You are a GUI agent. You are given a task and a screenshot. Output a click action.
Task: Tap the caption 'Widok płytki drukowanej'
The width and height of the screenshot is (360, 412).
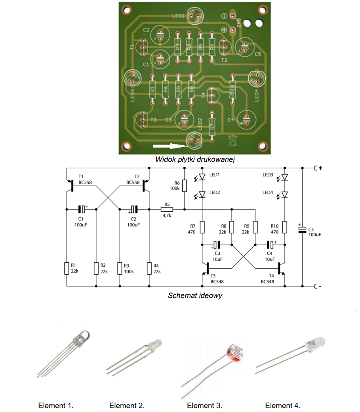[x=195, y=159]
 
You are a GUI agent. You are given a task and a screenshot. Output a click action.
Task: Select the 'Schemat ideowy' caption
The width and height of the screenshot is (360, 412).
[x=195, y=295]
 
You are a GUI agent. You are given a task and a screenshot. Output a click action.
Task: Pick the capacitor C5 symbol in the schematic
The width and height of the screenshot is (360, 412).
[x=302, y=230]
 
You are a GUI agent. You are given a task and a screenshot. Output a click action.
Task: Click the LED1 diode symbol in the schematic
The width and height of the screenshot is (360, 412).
[x=202, y=177]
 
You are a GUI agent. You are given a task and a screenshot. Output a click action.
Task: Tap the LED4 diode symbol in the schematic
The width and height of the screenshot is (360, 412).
[x=284, y=195]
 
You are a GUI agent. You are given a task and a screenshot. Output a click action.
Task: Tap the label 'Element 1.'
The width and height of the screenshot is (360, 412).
[x=56, y=406]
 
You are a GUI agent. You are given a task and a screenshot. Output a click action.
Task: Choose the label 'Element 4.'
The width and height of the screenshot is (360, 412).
[x=283, y=406]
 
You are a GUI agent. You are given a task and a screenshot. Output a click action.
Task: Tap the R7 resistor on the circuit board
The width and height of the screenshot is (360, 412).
[x=212, y=126]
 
